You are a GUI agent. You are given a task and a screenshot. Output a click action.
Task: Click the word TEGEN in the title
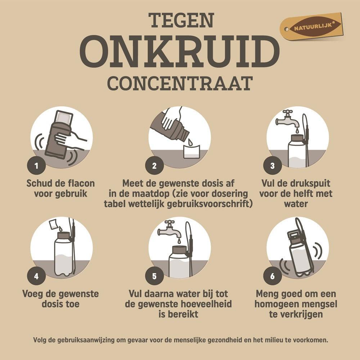click(180, 21)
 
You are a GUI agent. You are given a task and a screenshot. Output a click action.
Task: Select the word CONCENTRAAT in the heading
click(180, 83)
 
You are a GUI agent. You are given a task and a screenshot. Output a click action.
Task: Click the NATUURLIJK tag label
click(311, 27)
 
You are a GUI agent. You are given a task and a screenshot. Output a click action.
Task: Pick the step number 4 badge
click(36, 276)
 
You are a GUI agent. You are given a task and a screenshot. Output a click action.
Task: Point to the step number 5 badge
click(154, 276)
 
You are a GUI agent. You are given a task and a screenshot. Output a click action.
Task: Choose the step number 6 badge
click(273, 276)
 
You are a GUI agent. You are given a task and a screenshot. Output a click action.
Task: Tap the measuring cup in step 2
click(191, 151)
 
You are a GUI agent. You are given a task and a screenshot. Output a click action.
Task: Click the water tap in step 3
click(288, 119)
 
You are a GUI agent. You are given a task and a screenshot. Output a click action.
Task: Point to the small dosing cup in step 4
click(53, 225)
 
